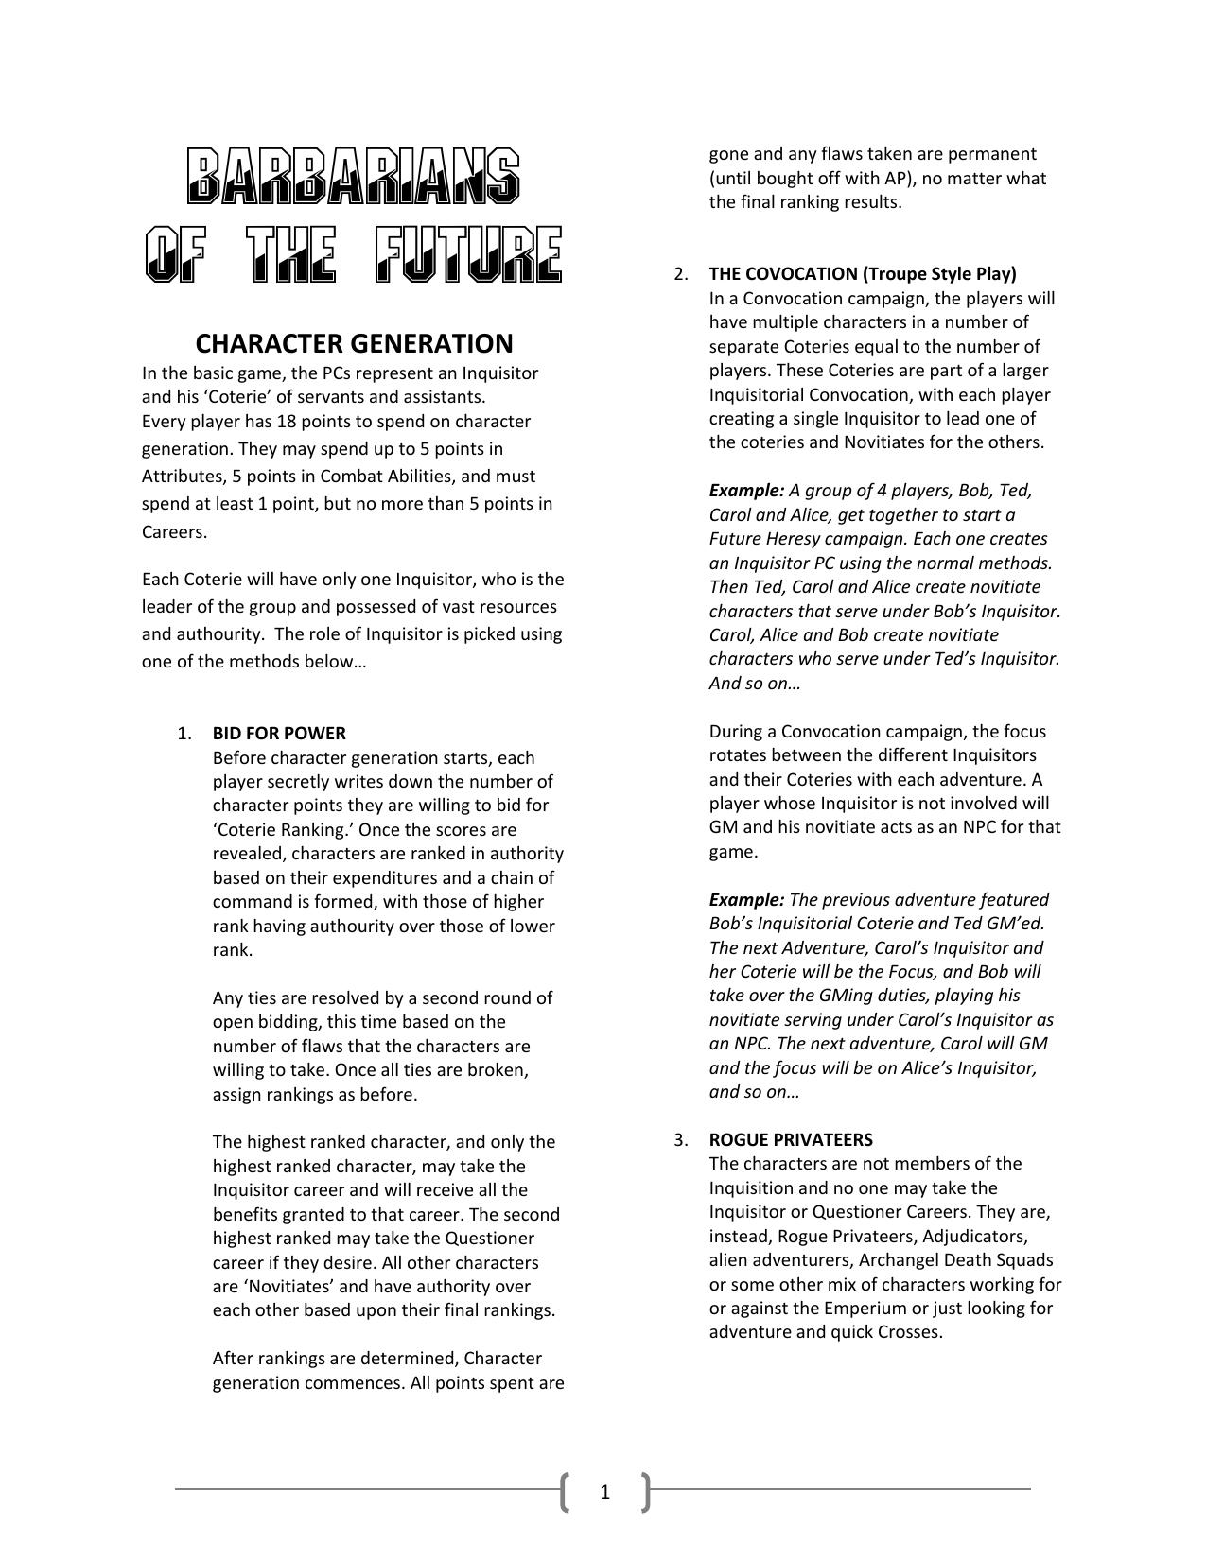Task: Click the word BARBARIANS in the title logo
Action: pyautogui.click(x=354, y=176)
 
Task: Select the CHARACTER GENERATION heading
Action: pyautogui.click(x=354, y=342)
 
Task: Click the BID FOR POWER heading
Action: pyautogui.click(x=279, y=733)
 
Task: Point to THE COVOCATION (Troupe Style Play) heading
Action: pyautogui.click(x=863, y=274)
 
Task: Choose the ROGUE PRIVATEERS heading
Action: pyautogui.click(x=791, y=1139)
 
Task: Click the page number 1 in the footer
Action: pyautogui.click(x=605, y=1492)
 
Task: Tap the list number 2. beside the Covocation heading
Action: pyautogui.click(x=682, y=274)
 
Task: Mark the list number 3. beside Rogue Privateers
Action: pyautogui.click(x=682, y=1139)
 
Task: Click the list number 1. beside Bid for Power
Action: pyautogui.click(x=185, y=733)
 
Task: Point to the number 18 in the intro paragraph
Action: pyautogui.click(x=287, y=422)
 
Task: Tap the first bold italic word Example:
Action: pyautogui.click(x=746, y=491)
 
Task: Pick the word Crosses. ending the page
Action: pyautogui.click(x=910, y=1332)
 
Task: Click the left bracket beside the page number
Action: pyautogui.click(x=565, y=1492)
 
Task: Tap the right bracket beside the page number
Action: pyautogui.click(x=646, y=1492)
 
